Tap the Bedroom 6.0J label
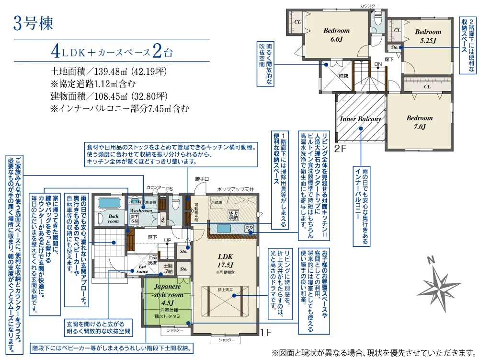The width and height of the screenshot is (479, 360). tap(336, 35)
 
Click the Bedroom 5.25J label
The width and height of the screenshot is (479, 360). tap(428, 36)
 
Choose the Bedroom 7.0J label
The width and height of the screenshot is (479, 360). tap(419, 122)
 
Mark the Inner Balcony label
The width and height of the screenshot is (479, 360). tap(360, 119)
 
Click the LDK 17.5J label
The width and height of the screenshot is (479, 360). tap(225, 260)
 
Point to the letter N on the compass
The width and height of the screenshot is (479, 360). tap(431, 260)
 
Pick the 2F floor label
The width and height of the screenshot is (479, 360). tap(340, 149)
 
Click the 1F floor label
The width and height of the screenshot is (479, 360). tap(266, 331)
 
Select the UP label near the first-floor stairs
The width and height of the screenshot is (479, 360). tap(168, 240)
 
